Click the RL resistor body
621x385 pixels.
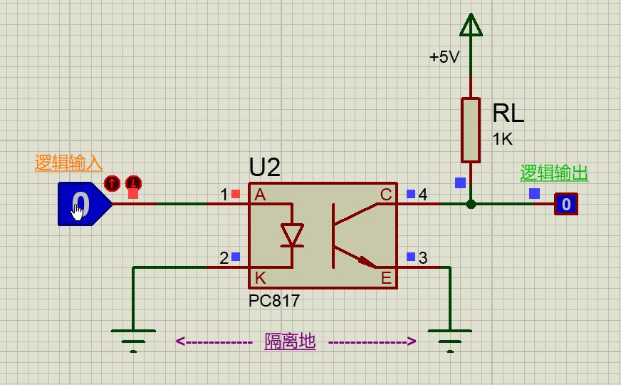tap(470, 130)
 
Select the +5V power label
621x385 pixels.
tap(444, 57)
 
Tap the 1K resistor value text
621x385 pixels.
tap(502, 139)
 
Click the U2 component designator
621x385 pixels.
tap(264, 168)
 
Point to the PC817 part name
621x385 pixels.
tap(274, 301)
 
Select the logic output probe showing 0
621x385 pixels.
tap(566, 205)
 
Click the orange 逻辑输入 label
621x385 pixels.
tap(68, 163)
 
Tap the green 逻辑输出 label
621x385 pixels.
tap(553, 173)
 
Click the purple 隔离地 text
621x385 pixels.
tap(290, 342)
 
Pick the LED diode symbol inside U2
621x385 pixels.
tap(292, 235)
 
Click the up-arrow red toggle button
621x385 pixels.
tap(112, 183)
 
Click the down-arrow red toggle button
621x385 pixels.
tap(133, 183)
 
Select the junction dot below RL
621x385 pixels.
tap(470, 204)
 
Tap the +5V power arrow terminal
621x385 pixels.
tap(470, 26)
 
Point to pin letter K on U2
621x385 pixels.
tap(260, 277)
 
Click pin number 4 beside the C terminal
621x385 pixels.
tap(423, 195)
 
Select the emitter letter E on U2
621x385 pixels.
tap(386, 277)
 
